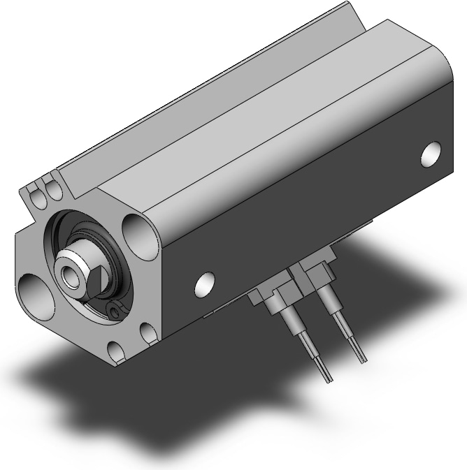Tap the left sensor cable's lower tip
[328, 378]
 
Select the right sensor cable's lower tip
[361, 359]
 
